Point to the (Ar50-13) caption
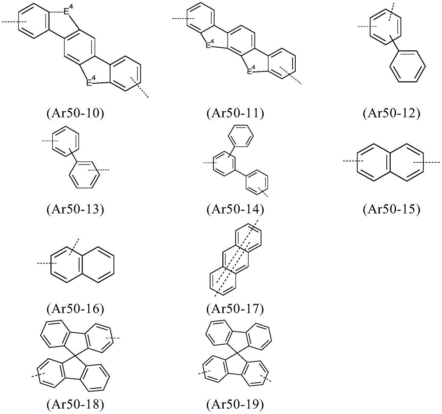(x=75, y=209)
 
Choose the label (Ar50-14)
(x=235, y=209)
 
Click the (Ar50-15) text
(x=392, y=209)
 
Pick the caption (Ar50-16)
(x=75, y=309)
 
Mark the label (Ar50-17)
(x=235, y=309)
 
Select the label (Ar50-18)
(x=75, y=405)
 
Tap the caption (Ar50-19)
(x=235, y=405)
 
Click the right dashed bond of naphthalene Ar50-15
(x=426, y=162)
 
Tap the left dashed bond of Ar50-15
(x=353, y=161)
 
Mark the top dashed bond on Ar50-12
(x=391, y=12)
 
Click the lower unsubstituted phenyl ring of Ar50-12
(x=408, y=66)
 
